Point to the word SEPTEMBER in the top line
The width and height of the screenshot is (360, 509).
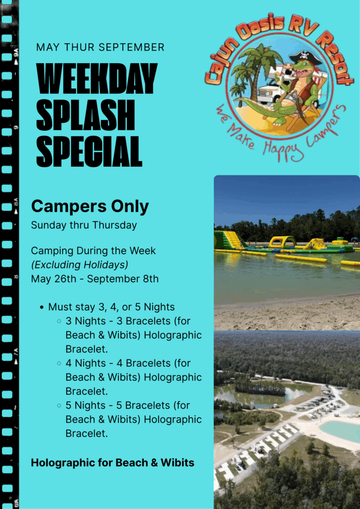tap(131, 47)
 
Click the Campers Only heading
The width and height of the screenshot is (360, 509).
tap(90, 206)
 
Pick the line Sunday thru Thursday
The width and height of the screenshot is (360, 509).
tap(84, 225)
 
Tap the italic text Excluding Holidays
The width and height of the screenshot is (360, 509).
tap(80, 265)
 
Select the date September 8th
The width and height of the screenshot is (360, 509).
tap(123, 279)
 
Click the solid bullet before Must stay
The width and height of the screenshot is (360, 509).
tap(42, 307)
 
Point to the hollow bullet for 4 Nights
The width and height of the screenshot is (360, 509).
tap(59, 363)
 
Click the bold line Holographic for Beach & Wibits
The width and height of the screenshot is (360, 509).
tap(113, 463)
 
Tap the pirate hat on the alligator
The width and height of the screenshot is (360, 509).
tap(305, 58)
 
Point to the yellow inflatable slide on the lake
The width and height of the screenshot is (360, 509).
tap(231, 240)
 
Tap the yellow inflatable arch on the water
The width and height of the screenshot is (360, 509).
tap(282, 242)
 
